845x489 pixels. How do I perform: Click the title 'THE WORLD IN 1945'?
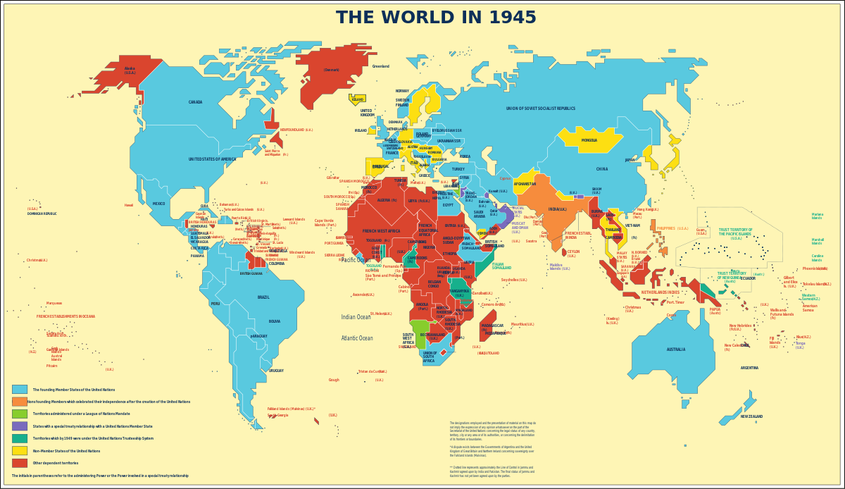[x=436, y=18]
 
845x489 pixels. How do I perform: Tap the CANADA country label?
[x=195, y=102]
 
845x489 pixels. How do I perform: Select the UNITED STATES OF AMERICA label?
[x=212, y=159]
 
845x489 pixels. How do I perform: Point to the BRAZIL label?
[x=263, y=297]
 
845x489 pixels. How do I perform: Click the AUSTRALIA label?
[x=675, y=349]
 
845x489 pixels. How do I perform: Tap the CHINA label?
[x=601, y=169]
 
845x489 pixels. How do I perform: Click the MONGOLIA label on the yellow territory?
[x=589, y=140]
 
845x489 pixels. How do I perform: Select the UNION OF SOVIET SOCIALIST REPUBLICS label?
[x=540, y=109]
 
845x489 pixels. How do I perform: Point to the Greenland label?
[x=380, y=66]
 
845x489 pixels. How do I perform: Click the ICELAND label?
[x=358, y=99]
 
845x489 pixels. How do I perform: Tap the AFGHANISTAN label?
[x=525, y=184]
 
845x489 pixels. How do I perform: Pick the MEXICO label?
[x=158, y=204]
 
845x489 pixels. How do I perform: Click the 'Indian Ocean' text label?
[x=356, y=317]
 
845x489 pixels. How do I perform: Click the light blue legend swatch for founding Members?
[x=20, y=389]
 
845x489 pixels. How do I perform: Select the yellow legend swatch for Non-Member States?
[x=20, y=451]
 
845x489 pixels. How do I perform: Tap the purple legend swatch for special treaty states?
[x=20, y=426]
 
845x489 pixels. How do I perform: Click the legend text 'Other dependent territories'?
[x=56, y=464]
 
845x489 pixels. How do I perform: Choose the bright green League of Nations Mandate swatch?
[x=20, y=414]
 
